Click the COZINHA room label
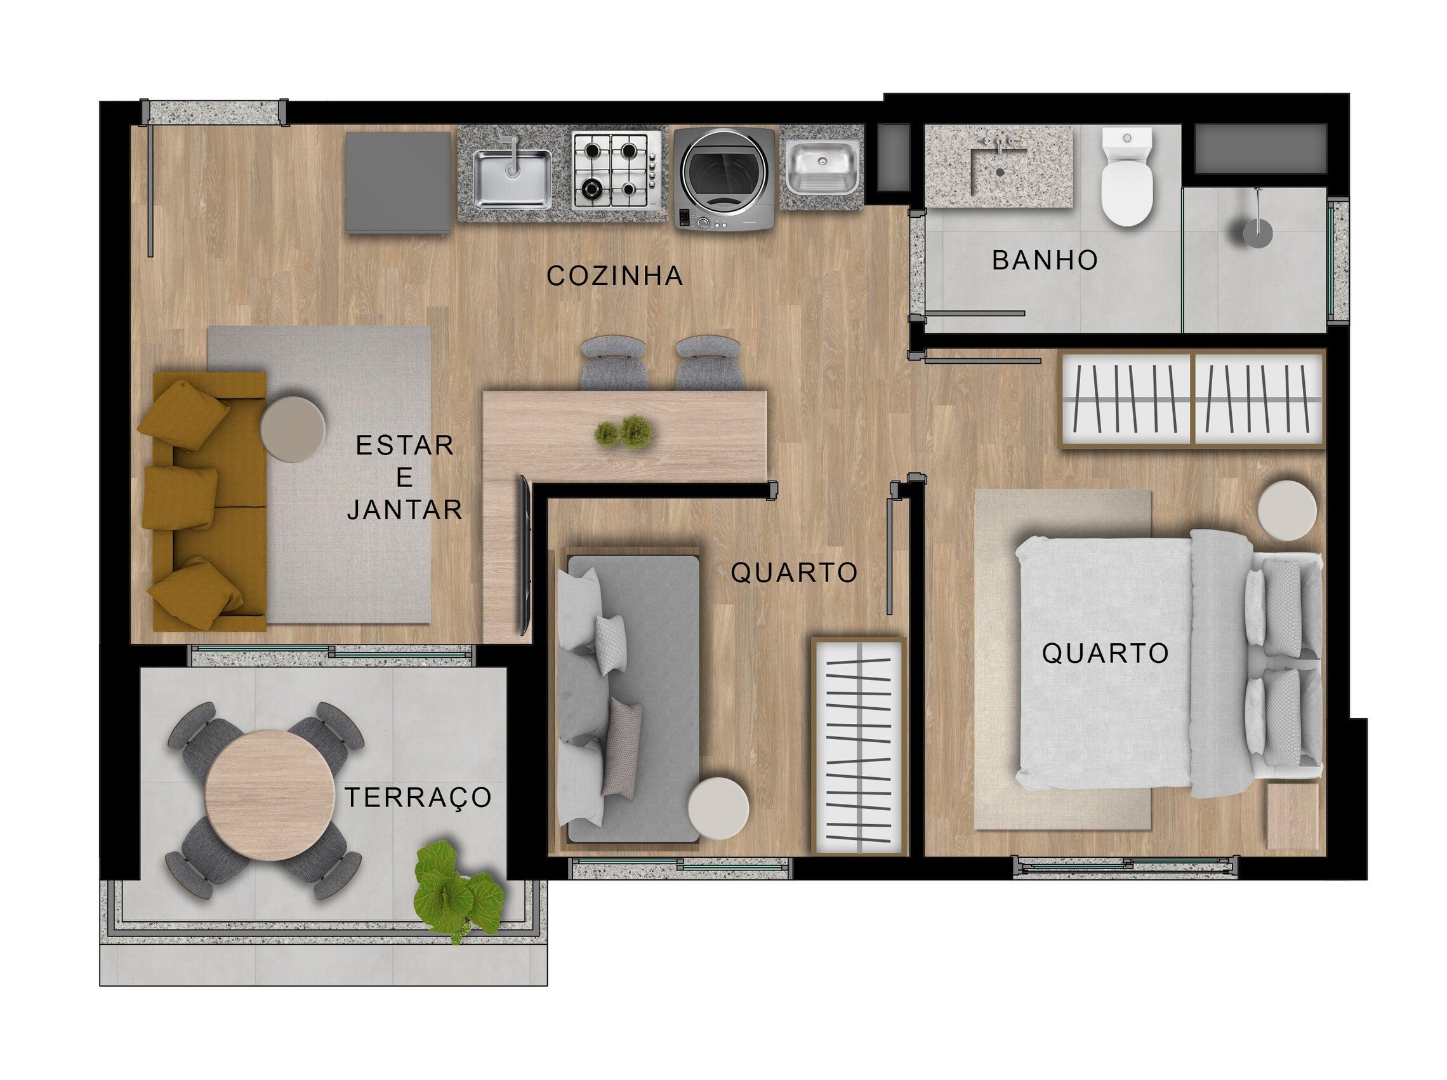click(x=614, y=276)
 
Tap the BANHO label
click(x=1045, y=260)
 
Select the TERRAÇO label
click(x=418, y=797)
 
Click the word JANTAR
click(x=404, y=510)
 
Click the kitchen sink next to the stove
click(x=511, y=175)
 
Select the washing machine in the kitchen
click(x=723, y=178)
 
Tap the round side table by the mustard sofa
click(x=292, y=429)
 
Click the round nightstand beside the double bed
click(x=1286, y=510)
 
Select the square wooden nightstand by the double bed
click(x=1292, y=817)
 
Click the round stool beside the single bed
click(x=718, y=808)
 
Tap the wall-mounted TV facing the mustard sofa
click(x=524, y=554)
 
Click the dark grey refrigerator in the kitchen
click(x=398, y=182)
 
